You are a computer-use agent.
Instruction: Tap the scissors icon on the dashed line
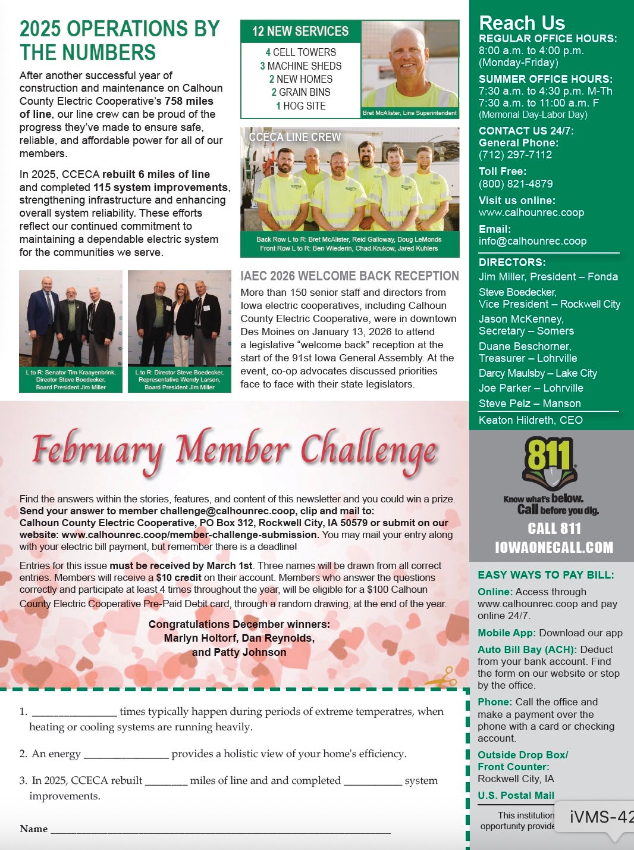[x=442, y=677]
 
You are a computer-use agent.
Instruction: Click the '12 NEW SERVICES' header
[x=300, y=32]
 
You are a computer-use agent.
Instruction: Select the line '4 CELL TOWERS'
[x=300, y=52]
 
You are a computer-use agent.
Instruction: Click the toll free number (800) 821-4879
[x=516, y=184]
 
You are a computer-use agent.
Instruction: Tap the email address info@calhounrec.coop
[x=532, y=241]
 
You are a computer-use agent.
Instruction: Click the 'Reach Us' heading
[x=522, y=23]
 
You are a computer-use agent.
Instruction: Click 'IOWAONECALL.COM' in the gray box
[x=554, y=548]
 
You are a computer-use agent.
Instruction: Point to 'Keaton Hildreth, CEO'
[x=531, y=420]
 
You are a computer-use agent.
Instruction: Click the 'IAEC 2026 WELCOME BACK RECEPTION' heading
[x=349, y=276]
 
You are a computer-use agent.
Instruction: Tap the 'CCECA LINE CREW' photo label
[x=294, y=137]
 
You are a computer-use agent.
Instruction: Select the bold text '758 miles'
[x=189, y=101]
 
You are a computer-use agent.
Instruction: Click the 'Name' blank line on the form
[x=220, y=829]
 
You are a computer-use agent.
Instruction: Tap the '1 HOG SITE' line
[x=300, y=106]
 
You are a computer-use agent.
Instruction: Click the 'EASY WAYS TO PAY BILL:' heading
[x=546, y=575]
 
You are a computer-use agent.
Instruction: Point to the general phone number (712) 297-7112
[x=515, y=155]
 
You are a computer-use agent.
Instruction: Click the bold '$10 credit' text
[x=178, y=577]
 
